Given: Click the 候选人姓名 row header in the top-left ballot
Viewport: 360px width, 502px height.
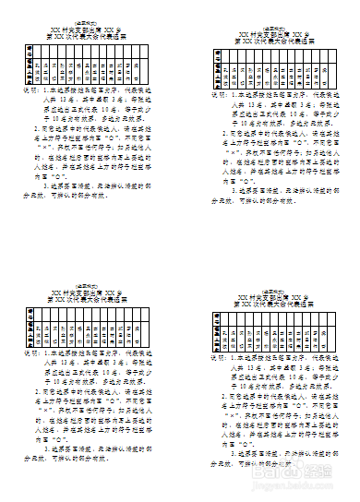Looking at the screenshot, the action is (x=30, y=73).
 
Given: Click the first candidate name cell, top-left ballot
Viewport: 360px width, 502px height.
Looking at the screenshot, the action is (x=41, y=73).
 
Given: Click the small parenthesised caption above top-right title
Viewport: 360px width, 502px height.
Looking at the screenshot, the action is (x=274, y=27).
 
